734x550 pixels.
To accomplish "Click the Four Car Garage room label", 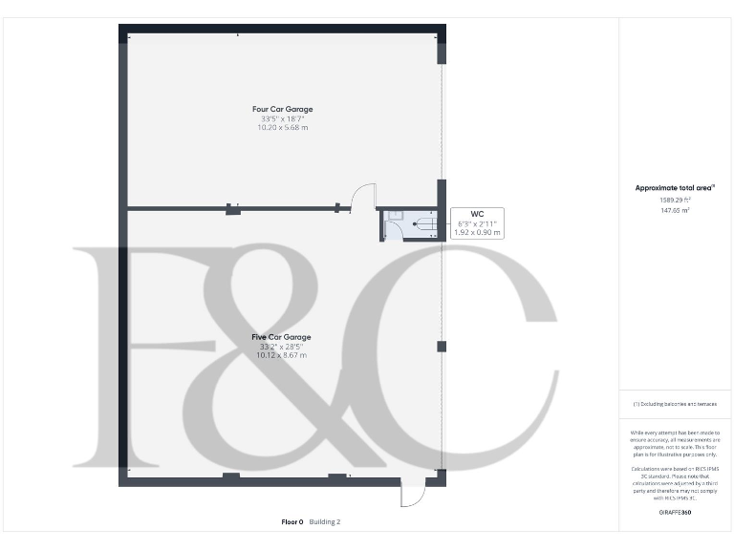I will pos(282,109).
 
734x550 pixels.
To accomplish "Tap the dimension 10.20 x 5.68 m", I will pos(282,127).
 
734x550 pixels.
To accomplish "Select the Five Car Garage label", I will pos(281,337).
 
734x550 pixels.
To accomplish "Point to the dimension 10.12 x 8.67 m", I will pos(281,355).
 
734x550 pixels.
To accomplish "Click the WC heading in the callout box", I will pos(477,214).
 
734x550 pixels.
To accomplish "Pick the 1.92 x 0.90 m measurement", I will pos(477,232).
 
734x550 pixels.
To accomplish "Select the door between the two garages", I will pos(361,198).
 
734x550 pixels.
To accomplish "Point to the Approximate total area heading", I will pos(676,188).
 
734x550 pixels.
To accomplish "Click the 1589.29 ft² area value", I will pos(676,200).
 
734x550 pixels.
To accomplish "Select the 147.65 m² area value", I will pos(676,209).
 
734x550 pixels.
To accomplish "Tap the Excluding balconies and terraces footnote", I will pos(675,405).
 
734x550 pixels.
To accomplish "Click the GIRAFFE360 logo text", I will pos(675,514).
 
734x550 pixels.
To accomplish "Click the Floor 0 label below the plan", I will pos(291,522).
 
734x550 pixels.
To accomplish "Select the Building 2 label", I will pos(325,522).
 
